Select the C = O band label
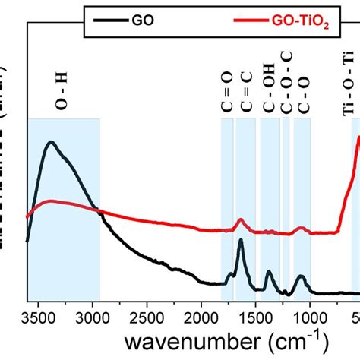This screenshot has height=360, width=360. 227,95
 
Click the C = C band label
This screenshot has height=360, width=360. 245,95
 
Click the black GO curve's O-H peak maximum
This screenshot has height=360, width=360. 51,141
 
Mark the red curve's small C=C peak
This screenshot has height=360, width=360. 241,219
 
